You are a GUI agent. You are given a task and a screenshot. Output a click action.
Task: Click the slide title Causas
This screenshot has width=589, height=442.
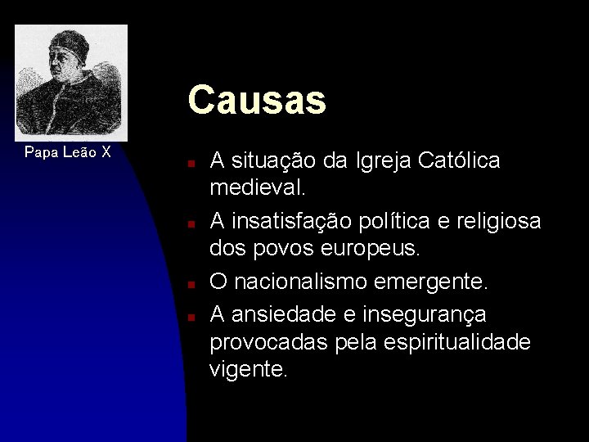pos(257,101)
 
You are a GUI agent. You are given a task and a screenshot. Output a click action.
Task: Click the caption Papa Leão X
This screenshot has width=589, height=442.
pos(68,152)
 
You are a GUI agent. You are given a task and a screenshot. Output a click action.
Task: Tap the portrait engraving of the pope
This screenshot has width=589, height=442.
pos(71,83)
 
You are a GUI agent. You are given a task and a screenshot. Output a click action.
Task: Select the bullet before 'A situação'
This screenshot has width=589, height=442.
pos(189,163)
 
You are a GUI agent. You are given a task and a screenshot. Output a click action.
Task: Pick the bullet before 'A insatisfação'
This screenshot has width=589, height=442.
pos(189,222)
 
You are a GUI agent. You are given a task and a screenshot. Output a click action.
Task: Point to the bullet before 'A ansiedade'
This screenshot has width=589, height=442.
pos(189,315)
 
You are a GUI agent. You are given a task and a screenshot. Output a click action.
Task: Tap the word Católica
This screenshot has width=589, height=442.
pos(459,161)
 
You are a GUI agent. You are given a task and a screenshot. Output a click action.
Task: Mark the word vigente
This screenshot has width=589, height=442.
pos(249,370)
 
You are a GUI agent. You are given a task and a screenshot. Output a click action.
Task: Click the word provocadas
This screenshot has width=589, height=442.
pos(268,342)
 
